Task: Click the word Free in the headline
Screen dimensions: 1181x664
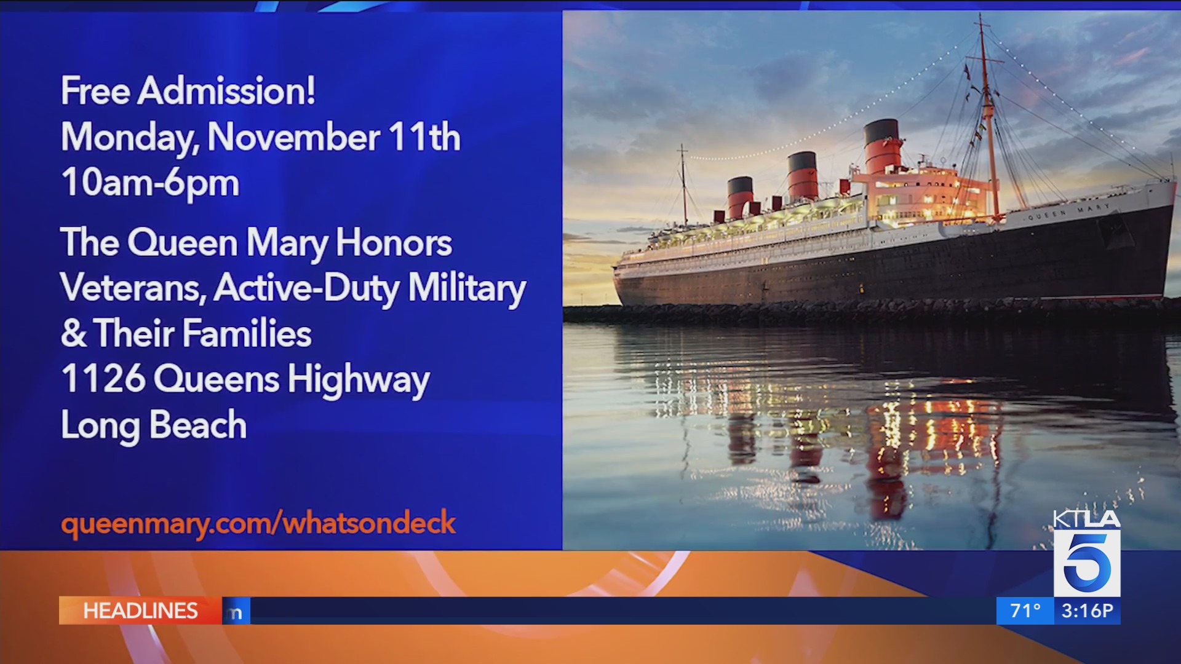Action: [x=95, y=91]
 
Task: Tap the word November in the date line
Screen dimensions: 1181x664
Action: [x=294, y=136]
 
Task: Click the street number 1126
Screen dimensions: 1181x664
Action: [x=103, y=378]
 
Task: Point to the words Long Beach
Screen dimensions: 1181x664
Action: [x=154, y=425]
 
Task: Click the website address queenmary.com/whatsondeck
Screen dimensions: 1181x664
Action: [x=258, y=523]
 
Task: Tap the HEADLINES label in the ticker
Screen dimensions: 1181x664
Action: [x=140, y=611]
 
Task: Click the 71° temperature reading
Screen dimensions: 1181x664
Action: [x=1025, y=611]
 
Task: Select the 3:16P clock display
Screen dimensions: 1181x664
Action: [x=1088, y=611]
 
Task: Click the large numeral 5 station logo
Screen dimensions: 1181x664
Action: [x=1087, y=562]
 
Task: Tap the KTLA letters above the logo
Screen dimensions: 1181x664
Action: [x=1087, y=520]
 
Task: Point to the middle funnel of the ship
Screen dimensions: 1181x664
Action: [x=803, y=176]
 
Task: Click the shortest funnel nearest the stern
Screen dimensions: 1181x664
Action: [x=740, y=197]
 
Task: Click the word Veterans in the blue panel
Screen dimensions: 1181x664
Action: [x=133, y=288]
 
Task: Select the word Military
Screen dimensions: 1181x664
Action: [x=467, y=288]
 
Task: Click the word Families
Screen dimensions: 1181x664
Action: [x=247, y=333]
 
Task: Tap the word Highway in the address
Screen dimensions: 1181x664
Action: [x=359, y=380]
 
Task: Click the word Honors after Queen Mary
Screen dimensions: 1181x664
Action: [x=394, y=243]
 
